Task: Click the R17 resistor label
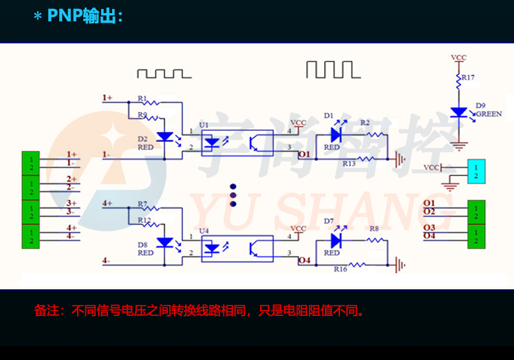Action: tap(467, 78)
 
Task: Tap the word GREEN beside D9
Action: tap(489, 114)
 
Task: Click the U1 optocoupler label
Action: tap(204, 125)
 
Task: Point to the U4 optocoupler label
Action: tap(204, 232)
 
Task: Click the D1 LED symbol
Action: tap(336, 134)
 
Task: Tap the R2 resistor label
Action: tap(365, 123)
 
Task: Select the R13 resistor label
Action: tap(349, 164)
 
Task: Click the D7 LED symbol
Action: tap(336, 240)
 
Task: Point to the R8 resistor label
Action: tap(374, 229)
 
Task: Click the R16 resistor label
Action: tap(340, 269)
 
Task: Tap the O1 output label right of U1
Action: tap(304, 155)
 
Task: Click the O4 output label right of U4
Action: tap(304, 260)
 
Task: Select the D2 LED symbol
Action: tap(164, 136)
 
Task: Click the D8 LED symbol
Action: tap(164, 242)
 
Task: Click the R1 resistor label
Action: tap(142, 98)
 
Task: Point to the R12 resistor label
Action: tap(144, 220)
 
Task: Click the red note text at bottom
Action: tap(199, 311)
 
